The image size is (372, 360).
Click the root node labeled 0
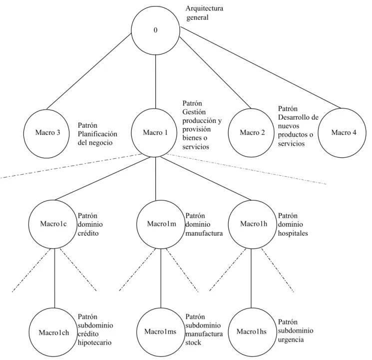155,30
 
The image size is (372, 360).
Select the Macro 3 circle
46,134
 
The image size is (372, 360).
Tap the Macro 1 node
154,133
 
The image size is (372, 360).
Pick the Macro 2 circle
251,133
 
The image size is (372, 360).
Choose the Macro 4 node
342,133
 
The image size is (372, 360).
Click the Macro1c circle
52,224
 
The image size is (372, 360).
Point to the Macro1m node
161,224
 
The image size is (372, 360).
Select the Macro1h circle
253,224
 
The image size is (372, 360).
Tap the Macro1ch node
53,332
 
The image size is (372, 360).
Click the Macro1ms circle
161,332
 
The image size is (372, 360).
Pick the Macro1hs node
252,332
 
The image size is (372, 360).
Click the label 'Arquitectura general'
204,13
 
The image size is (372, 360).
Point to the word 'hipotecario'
94,343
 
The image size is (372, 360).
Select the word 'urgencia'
291,340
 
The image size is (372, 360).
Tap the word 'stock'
193,343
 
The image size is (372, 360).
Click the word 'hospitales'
293,233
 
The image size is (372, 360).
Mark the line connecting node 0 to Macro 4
261,67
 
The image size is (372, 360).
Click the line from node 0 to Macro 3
89,71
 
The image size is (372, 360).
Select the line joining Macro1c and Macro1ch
54,278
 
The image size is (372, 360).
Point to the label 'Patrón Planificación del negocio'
97,134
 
